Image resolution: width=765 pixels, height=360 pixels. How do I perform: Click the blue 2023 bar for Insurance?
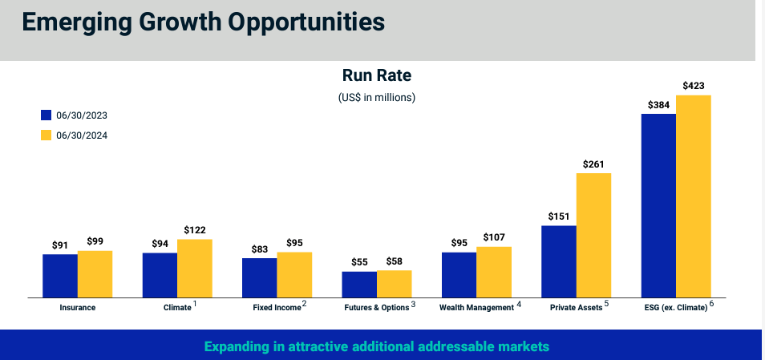click(x=60, y=276)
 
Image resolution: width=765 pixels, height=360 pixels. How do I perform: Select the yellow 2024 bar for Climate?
click(x=195, y=268)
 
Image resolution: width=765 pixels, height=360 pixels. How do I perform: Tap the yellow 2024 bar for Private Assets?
click(x=594, y=235)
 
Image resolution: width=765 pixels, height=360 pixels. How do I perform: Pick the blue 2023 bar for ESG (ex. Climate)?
click(x=658, y=205)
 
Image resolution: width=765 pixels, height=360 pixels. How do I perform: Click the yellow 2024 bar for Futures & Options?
click(x=395, y=284)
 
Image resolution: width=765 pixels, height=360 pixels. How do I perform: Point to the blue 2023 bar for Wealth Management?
click(x=459, y=275)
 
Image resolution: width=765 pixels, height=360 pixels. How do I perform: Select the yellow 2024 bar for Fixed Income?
click(x=294, y=274)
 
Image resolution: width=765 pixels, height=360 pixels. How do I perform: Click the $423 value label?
click(x=694, y=85)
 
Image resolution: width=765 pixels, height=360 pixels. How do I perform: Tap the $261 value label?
click(x=594, y=163)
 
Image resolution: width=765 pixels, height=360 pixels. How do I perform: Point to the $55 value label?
click(x=359, y=261)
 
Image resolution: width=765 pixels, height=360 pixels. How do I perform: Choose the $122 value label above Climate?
click(x=195, y=229)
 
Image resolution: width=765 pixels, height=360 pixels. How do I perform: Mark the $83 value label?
click(x=260, y=249)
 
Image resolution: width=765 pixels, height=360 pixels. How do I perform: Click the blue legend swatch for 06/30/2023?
click(x=47, y=115)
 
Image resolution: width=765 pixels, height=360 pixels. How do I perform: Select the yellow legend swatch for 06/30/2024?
click(x=47, y=135)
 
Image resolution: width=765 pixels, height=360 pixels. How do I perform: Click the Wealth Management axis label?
click(x=476, y=307)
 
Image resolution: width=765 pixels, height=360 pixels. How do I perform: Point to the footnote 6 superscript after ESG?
click(x=711, y=304)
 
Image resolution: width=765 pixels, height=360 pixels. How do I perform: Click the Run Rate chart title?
click(x=377, y=76)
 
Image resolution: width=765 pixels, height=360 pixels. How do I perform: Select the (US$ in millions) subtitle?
click(x=377, y=97)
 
